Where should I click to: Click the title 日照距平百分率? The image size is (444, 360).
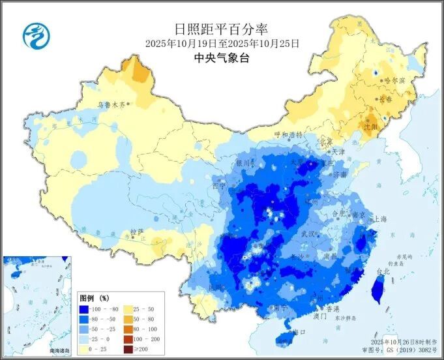222,29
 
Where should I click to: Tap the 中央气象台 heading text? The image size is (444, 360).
222,58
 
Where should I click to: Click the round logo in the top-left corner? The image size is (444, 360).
37,35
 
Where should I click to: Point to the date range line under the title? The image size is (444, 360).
222,44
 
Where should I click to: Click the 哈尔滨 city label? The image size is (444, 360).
394,80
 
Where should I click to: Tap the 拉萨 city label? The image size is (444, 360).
136,232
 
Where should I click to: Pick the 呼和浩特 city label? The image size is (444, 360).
288,134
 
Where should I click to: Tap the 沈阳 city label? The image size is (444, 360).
370,127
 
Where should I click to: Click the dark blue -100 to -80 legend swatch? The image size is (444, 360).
84,309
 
